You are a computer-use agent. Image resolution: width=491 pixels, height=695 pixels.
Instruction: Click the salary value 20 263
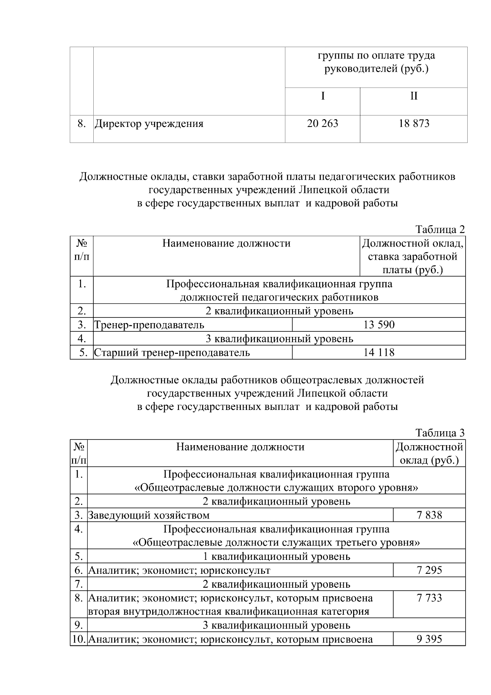322,123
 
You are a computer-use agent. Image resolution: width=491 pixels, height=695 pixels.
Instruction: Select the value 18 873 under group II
414,123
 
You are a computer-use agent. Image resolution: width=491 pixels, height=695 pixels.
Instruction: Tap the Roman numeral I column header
323,96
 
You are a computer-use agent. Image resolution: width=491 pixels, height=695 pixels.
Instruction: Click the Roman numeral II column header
414,96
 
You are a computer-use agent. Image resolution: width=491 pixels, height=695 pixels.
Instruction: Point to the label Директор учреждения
149,124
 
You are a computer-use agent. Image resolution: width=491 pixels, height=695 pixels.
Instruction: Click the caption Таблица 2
440,229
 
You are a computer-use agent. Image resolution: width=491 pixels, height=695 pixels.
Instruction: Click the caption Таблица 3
440,433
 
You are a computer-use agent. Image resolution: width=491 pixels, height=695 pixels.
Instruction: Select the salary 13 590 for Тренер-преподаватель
379,325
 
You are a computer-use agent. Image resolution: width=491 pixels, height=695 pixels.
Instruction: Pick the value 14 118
379,352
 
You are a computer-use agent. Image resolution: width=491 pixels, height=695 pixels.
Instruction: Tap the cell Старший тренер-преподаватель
172,353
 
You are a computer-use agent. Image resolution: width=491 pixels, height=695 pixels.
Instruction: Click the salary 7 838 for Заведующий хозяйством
429,515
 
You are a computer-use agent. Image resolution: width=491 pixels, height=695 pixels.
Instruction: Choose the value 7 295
429,570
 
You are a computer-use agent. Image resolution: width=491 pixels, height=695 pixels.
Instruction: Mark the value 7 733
429,598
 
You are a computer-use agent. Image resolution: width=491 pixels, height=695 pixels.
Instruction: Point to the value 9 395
429,639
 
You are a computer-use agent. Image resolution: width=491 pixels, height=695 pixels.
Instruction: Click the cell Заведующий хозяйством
149,515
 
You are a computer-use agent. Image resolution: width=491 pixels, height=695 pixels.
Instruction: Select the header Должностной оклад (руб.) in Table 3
429,453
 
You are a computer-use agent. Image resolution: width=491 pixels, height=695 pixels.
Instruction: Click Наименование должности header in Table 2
226,243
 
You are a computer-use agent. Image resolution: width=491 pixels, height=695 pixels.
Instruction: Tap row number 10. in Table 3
78,639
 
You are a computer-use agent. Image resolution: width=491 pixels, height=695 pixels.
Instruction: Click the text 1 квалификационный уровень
277,557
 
